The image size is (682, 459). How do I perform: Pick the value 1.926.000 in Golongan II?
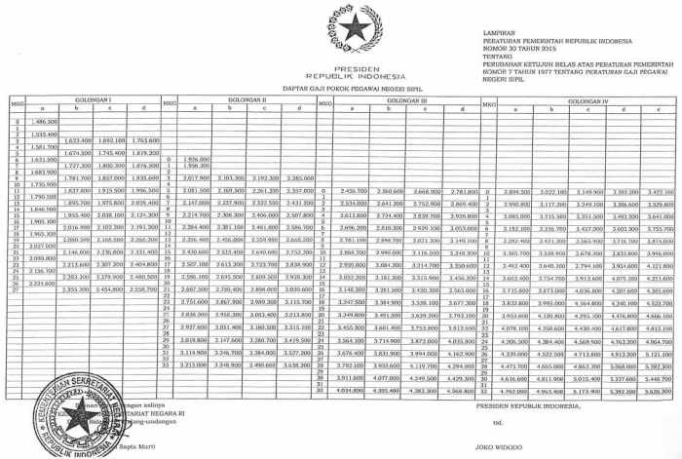[198, 157]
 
